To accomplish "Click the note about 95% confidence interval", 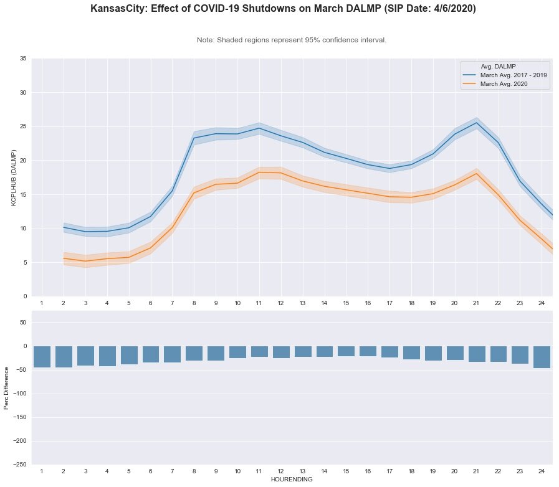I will pos(292,40).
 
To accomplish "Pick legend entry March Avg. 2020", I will pos(505,84).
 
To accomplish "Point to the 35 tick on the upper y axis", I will pos(22,59).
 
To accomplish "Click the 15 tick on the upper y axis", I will pos(22,194).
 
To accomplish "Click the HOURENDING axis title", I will pos(292,480).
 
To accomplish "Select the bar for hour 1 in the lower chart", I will pos(42,357).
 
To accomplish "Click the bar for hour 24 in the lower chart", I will pos(542,357).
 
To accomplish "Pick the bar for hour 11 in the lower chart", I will pos(259,351).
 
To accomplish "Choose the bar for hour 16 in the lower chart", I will pos(368,351).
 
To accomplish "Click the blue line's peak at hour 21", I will pos(476,123).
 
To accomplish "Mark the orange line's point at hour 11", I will pos(259,172).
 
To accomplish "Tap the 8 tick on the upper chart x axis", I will pos(194,303).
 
